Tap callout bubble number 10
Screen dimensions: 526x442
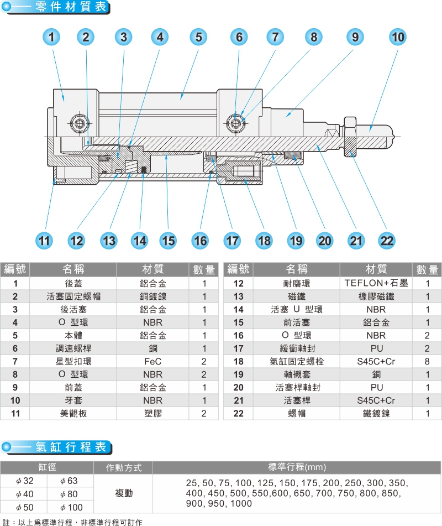click(397, 37)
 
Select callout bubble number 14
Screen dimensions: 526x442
click(140, 241)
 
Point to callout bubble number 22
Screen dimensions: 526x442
click(387, 241)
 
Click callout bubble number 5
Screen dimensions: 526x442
click(198, 37)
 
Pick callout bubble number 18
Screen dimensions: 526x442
click(264, 241)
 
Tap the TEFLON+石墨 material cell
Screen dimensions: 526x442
click(376, 283)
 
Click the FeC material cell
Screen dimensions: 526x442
click(152, 362)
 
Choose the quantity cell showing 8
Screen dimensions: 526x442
click(427, 362)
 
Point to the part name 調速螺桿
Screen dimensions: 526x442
click(73, 348)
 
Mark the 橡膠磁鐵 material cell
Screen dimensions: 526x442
click(376, 296)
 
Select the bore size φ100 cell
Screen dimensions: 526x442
click(71, 507)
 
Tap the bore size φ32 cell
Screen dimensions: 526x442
click(25, 481)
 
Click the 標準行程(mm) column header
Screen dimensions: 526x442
click(297, 467)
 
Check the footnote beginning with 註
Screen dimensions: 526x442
click(72, 522)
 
